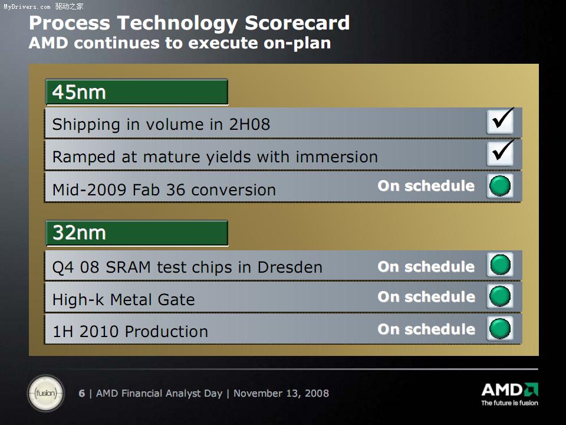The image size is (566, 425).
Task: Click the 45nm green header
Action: pos(137,92)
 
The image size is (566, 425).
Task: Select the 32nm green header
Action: pos(137,233)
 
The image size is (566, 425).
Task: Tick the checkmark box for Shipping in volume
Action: pos(500,122)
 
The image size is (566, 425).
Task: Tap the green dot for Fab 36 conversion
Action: pos(500,186)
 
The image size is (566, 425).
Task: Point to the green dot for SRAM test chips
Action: pos(500,264)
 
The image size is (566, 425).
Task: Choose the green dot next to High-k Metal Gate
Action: pos(500,296)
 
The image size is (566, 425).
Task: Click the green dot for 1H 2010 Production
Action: pos(500,329)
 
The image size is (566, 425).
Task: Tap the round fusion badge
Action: pos(46,393)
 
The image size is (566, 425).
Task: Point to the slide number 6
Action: pos(82,393)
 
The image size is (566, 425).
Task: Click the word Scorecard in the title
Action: pos(297,23)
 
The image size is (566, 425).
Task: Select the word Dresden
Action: pos(290,267)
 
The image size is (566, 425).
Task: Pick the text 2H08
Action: pos(250,125)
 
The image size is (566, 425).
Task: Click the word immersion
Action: pos(337,157)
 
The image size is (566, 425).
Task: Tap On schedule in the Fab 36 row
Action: pos(426,186)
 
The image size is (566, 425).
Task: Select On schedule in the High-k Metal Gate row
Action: pos(426,297)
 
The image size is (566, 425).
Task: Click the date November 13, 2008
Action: pos(281,393)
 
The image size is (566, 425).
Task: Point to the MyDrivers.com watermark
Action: pos(43,6)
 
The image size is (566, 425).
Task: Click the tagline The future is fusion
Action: pos(509,403)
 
